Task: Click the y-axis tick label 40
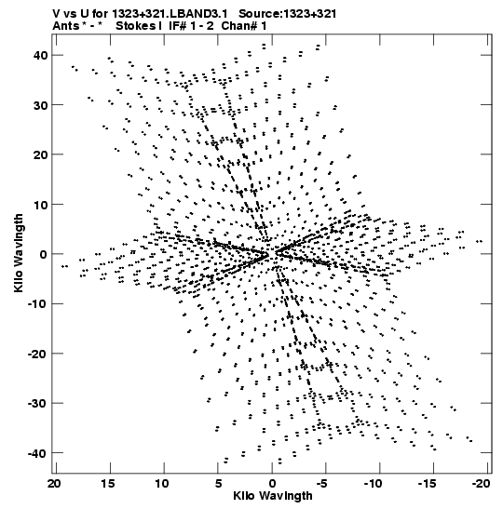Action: pyautogui.click(x=40, y=56)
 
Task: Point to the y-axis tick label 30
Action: pyautogui.click(x=40, y=105)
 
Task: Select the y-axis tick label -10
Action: pyautogui.click(x=37, y=304)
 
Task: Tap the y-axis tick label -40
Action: pyautogui.click(x=37, y=453)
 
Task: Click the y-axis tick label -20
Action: pyautogui.click(x=37, y=354)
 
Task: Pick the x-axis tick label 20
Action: pyautogui.click(x=54, y=484)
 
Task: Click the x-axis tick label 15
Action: pyautogui.click(x=108, y=484)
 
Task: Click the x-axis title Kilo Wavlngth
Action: pyautogui.click(x=273, y=496)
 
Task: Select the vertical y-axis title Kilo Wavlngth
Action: pyautogui.click(x=19, y=253)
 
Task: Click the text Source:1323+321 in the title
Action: pyautogui.click(x=287, y=14)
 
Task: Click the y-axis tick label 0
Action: pyautogui.click(x=44, y=255)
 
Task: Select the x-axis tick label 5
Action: pyautogui.click(x=219, y=484)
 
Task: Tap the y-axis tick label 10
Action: pyautogui.click(x=40, y=205)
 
